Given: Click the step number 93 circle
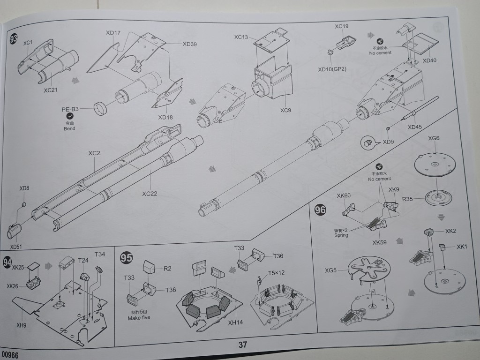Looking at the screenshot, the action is [x=14, y=39].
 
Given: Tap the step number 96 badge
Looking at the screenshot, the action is [x=320, y=210].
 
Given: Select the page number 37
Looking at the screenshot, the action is [x=243, y=345].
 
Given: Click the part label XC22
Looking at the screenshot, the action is [x=150, y=194].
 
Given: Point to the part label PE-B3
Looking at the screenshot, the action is [x=70, y=109].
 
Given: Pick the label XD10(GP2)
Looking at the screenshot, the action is [x=332, y=69].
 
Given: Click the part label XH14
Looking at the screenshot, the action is [x=235, y=322].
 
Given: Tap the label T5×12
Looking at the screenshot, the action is [x=276, y=272].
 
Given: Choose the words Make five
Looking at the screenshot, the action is [x=139, y=318].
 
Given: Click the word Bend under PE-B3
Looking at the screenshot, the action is [x=69, y=128].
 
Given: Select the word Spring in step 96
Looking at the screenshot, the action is [x=341, y=235].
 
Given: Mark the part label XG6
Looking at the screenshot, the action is [x=434, y=138].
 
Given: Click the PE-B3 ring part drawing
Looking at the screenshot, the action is [x=101, y=108].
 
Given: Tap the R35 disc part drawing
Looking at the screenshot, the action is [x=438, y=198].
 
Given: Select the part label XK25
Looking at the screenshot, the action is [x=18, y=267].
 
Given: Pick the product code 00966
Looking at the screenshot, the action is [x=10, y=355].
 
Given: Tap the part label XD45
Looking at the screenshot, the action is [x=414, y=127].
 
